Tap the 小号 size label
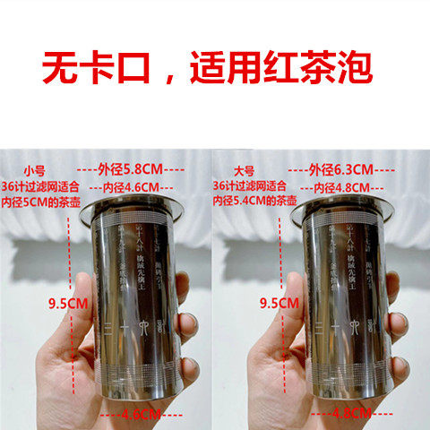(34, 169)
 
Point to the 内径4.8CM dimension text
(343, 186)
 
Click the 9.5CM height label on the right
(279, 303)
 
